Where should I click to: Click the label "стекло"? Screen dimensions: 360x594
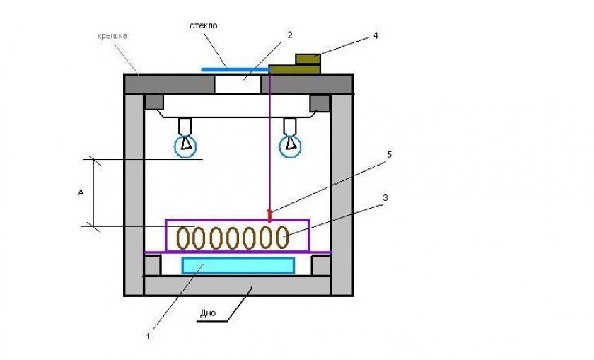(203, 25)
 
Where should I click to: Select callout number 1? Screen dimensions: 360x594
(148, 337)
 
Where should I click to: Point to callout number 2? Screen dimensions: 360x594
(289, 34)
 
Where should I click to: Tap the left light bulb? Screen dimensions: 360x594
(185, 145)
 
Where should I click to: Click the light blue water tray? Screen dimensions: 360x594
(238, 265)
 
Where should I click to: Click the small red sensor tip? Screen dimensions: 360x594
(269, 214)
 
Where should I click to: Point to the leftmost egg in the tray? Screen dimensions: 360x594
(184, 238)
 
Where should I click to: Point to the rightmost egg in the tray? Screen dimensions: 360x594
(282, 237)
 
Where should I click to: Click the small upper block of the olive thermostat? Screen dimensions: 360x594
(307, 59)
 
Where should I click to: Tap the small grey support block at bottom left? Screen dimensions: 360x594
(153, 265)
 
